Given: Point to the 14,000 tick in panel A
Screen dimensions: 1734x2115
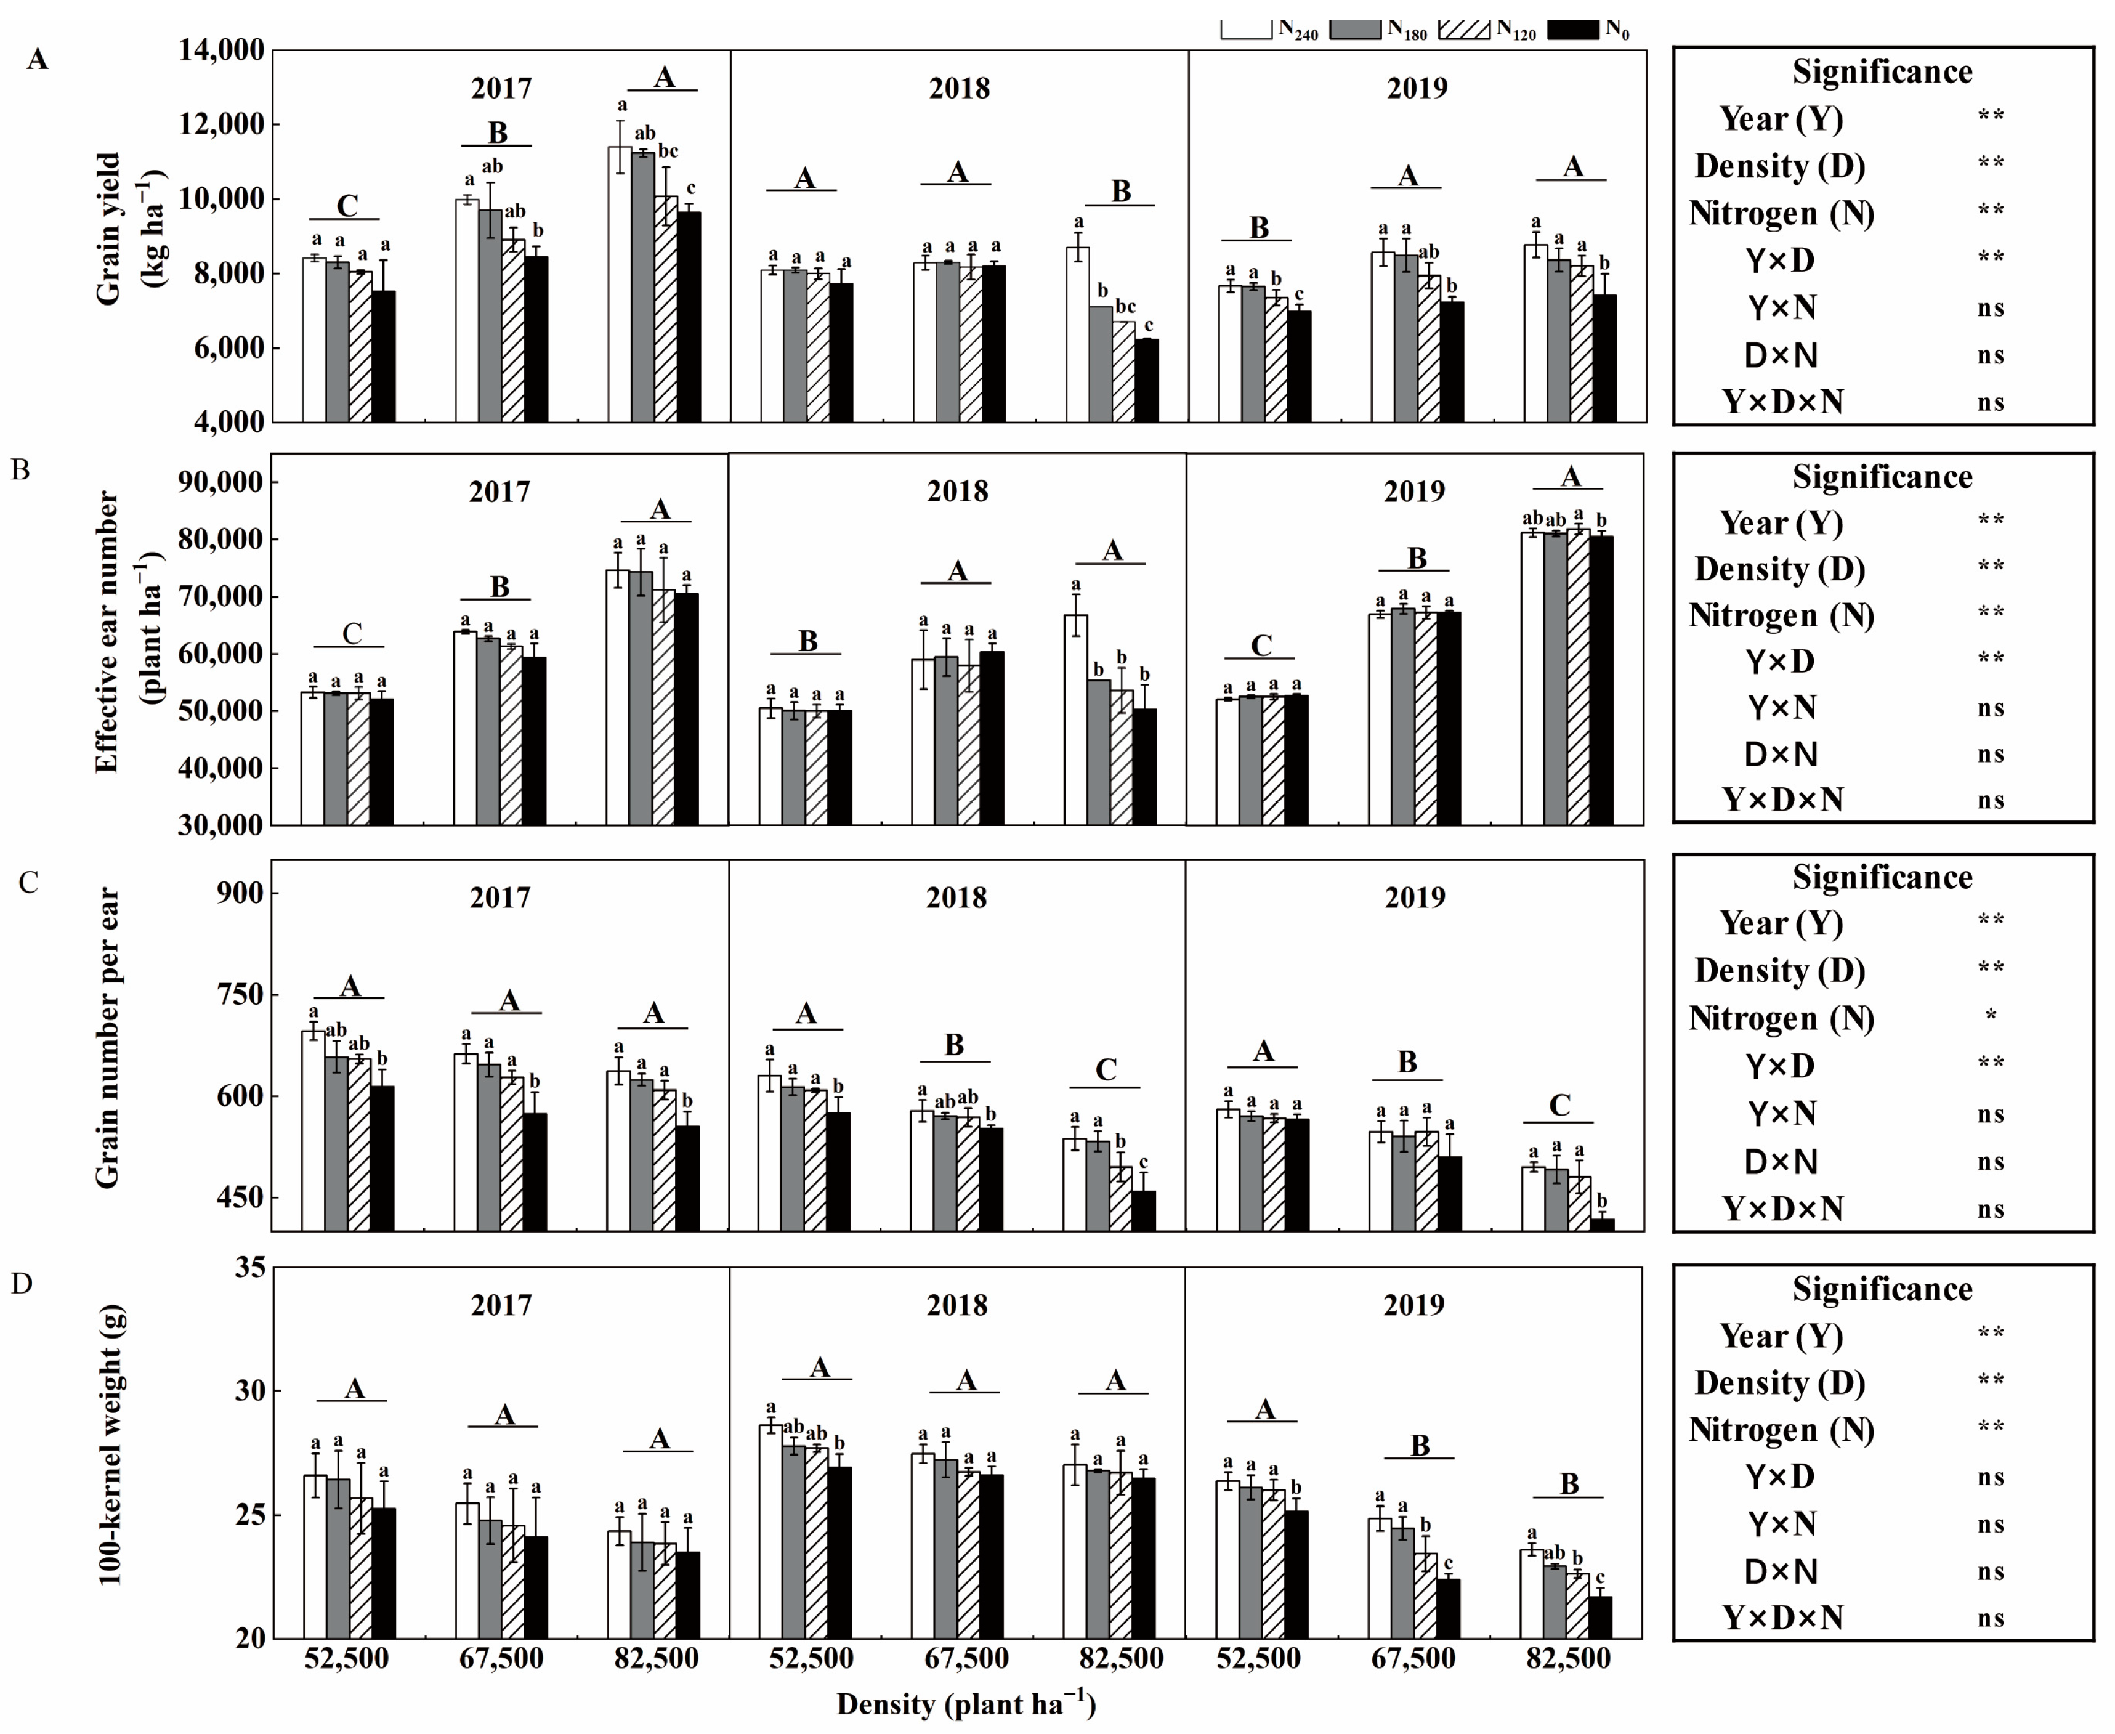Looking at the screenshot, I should click(222, 50).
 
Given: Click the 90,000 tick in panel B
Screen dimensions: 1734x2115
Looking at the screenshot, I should click(222, 482).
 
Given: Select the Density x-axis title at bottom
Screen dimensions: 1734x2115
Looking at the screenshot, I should click(966, 1704).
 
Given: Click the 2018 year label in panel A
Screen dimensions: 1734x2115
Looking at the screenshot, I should click(958, 88).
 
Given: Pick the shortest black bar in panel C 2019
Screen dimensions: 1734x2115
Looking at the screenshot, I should click(1603, 1225).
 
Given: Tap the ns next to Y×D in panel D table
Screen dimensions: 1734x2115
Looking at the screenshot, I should click(1990, 1477).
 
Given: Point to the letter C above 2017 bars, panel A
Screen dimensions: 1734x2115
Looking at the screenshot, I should click(347, 206).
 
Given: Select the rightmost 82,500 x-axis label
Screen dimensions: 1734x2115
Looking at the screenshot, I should click(1568, 1659).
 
